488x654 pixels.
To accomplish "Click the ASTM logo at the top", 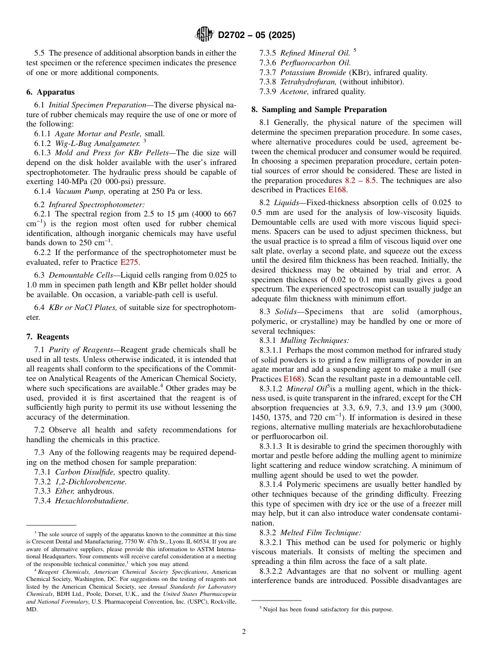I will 204,35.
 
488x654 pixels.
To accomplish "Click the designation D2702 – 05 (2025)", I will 256,35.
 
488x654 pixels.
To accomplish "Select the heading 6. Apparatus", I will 50,92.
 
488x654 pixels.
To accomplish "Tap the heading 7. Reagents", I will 48,337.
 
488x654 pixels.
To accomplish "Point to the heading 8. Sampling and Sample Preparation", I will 319,110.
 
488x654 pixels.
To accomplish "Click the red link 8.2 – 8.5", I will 363,180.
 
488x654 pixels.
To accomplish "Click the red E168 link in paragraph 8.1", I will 323,190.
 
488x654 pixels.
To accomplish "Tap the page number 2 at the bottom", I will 244,632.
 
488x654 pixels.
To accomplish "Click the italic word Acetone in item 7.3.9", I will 295,92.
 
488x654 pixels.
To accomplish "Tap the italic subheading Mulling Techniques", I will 314,340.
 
